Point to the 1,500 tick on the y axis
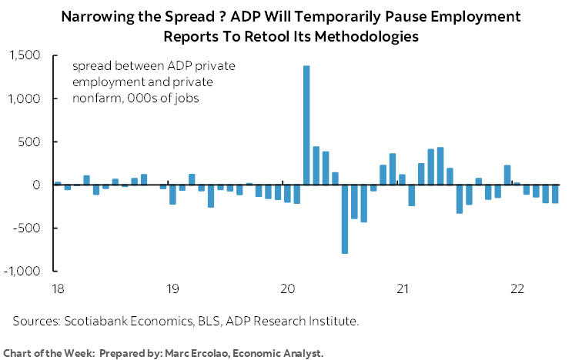(28, 55)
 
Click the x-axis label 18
(57, 288)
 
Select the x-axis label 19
(172, 288)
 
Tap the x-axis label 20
(287, 288)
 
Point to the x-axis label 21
(402, 288)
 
